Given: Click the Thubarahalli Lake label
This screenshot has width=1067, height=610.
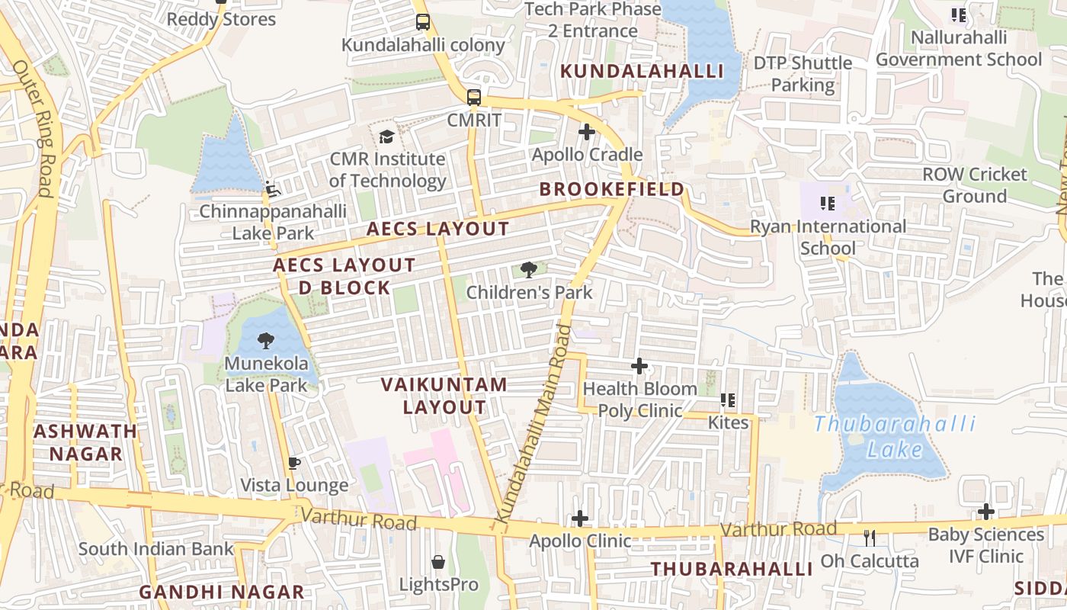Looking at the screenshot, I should coord(895,437).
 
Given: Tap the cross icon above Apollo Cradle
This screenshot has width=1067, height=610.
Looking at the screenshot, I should coord(586,133).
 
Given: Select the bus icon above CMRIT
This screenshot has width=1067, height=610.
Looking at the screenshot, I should coord(474,98).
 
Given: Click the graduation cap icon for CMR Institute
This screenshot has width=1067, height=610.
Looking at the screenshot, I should coord(387,137).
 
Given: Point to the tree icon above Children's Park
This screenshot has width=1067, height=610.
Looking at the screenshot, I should coord(528,269).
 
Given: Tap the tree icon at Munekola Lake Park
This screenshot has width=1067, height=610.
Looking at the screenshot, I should coord(265,341).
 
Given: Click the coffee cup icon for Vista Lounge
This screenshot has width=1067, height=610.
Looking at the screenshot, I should coord(294,463).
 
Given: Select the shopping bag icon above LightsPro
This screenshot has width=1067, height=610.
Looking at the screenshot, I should coord(438,563).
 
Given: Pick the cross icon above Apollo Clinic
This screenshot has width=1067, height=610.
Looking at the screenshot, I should coord(580,519).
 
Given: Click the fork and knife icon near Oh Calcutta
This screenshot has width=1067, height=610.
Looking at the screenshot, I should coord(870,538).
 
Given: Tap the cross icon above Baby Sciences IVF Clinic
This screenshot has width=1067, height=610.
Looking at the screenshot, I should coord(986,512).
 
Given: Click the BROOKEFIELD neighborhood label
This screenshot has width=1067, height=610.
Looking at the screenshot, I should coord(612,189).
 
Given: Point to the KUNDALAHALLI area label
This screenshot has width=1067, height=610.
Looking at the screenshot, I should coord(642,71).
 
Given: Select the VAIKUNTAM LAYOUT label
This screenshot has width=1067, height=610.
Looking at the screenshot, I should coord(444,396).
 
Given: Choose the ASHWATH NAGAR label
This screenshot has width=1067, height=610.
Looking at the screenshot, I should coord(85,442).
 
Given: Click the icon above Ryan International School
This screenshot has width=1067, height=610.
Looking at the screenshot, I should coord(827,204).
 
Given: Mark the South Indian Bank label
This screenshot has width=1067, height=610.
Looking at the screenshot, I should coord(155,549).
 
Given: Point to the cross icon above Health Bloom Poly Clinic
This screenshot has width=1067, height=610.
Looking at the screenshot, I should coord(639,367).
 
